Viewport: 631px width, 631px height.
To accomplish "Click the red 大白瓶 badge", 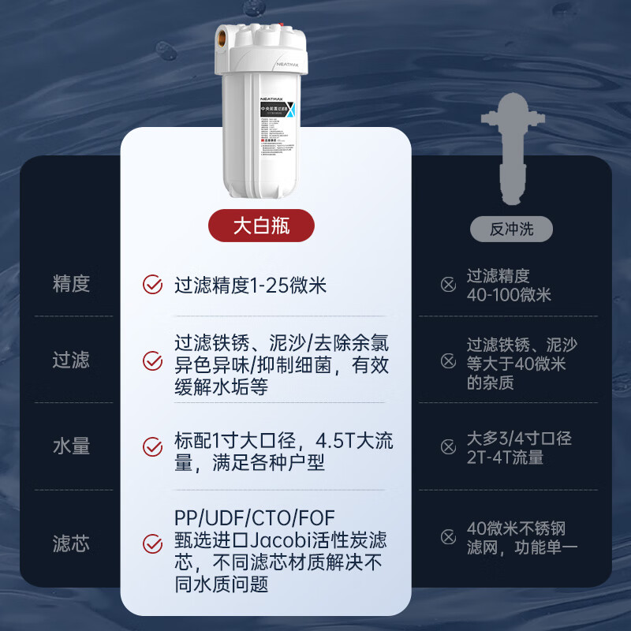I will [x=261, y=226].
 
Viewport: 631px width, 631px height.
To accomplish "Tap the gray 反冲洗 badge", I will [x=511, y=229].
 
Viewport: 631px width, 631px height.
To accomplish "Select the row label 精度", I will [x=71, y=284].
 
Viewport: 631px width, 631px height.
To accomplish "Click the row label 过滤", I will [x=71, y=360].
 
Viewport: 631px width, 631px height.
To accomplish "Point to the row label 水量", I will [x=71, y=446].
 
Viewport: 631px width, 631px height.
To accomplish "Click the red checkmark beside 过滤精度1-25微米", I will [x=152, y=285].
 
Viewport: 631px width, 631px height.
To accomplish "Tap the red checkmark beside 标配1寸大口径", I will [x=152, y=446].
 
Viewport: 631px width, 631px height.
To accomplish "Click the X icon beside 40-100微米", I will [x=448, y=285].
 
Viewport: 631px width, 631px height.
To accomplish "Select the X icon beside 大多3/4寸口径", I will [x=448, y=446].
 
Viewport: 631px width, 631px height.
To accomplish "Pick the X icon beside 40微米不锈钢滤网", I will [x=448, y=537].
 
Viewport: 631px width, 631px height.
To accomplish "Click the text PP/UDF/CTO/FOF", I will [x=255, y=518].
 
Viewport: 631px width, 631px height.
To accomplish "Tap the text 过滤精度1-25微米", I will [x=250, y=285].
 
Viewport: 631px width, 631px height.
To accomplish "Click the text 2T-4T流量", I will [x=505, y=457].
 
